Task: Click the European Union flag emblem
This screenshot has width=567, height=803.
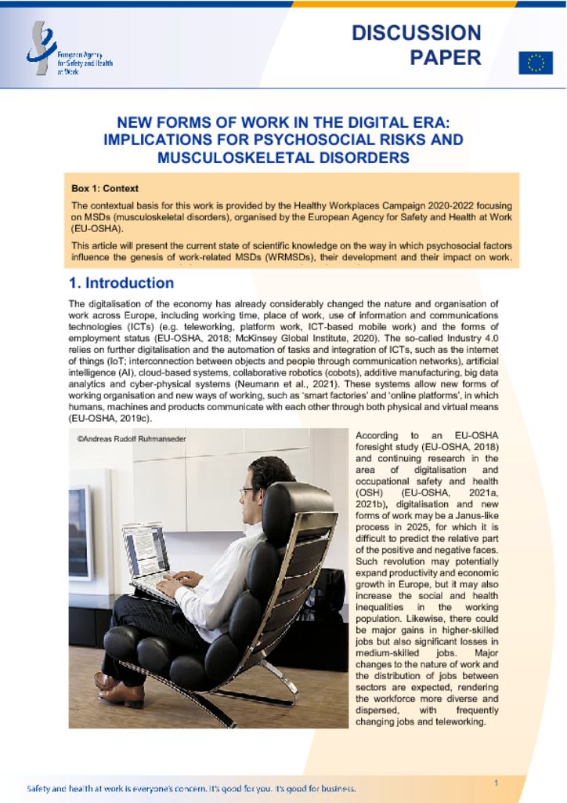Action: (x=536, y=63)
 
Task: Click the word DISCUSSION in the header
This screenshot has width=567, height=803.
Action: (x=416, y=33)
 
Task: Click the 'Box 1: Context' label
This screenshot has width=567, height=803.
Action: (x=105, y=189)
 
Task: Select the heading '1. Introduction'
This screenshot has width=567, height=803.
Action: (x=121, y=283)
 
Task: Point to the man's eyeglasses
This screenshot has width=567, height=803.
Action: (x=247, y=492)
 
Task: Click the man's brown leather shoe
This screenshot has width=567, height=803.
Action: (x=121, y=693)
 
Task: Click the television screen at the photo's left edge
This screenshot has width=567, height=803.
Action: (x=79, y=532)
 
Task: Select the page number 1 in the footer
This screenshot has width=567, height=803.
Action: (x=497, y=783)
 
